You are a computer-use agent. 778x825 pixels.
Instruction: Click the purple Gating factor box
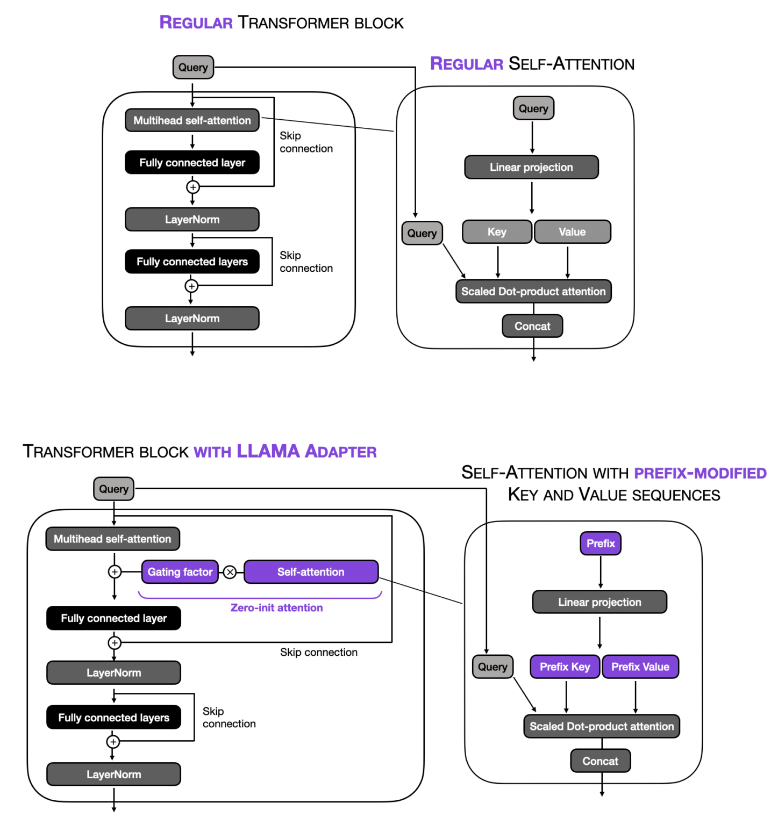click(x=180, y=572)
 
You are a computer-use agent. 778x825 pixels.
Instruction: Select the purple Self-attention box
click(x=311, y=572)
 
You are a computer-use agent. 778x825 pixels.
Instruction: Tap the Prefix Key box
click(x=565, y=667)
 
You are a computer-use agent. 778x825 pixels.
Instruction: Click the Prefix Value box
click(x=640, y=667)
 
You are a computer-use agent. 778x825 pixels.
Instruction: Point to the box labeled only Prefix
click(x=601, y=544)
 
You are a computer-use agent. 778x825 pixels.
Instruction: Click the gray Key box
click(x=497, y=232)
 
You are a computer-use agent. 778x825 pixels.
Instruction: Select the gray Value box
click(x=572, y=232)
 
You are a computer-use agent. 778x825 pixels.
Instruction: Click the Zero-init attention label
click(x=276, y=607)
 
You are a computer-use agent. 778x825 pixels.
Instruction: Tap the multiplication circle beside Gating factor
click(x=230, y=572)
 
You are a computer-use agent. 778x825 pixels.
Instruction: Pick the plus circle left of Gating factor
click(x=115, y=572)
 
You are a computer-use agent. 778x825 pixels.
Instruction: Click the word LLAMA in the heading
click(x=268, y=451)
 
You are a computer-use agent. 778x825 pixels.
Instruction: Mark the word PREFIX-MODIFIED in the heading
click(x=700, y=473)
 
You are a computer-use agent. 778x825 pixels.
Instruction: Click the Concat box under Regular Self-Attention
click(x=532, y=326)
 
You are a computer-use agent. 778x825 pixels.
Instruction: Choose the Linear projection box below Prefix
click(x=599, y=602)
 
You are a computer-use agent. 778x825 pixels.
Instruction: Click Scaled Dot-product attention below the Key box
click(x=533, y=292)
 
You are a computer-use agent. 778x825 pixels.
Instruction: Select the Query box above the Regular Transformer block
click(x=193, y=68)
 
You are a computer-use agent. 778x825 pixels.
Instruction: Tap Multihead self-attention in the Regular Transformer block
click(x=192, y=120)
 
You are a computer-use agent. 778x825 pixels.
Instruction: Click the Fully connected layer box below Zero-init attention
click(x=113, y=618)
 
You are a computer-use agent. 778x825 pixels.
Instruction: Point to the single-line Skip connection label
click(x=318, y=652)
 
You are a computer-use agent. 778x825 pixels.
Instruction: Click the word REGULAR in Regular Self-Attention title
click(x=467, y=64)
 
